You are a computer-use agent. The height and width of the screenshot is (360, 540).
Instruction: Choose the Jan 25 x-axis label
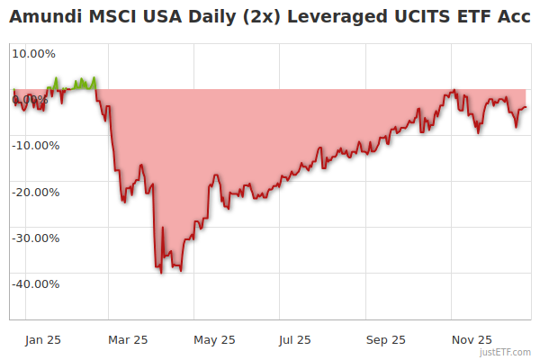[x=42, y=339]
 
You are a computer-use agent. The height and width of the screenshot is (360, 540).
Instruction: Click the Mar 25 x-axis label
[x=128, y=339]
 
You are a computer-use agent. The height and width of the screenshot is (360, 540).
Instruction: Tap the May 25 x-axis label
[x=214, y=339]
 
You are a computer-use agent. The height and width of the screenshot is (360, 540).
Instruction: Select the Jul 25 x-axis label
[x=294, y=339]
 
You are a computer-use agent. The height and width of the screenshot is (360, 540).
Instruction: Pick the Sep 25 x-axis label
[x=386, y=339]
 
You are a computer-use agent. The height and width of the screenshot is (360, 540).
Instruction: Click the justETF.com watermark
[x=506, y=352]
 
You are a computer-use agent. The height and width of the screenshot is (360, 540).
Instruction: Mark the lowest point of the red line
[x=161, y=273]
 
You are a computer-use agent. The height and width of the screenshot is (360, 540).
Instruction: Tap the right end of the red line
[x=526, y=107]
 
